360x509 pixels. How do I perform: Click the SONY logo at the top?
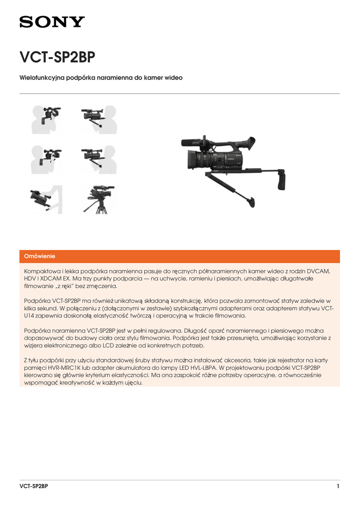(x=52, y=22)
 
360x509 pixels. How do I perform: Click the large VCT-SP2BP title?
(x=57, y=58)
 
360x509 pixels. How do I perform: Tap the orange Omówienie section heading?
(x=40, y=256)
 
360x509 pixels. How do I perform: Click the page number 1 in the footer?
(x=338, y=486)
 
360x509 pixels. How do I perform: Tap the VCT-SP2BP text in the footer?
(x=34, y=486)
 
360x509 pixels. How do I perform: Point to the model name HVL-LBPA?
(x=209, y=367)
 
